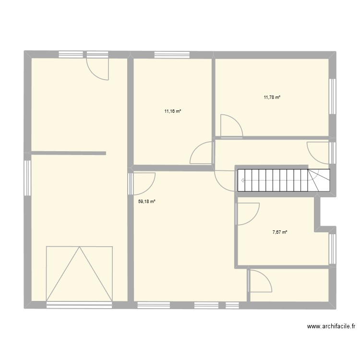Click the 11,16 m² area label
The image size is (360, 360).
173,111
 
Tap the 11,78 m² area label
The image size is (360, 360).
272,97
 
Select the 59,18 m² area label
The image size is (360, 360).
147,202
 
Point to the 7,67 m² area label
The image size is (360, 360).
280,232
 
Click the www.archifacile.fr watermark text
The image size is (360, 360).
331,327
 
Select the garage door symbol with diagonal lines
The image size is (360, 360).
79,274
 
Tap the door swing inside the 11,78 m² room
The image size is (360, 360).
230,126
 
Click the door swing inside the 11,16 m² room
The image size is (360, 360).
202,154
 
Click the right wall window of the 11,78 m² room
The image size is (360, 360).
332,96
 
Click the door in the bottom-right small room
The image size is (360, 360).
260,281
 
